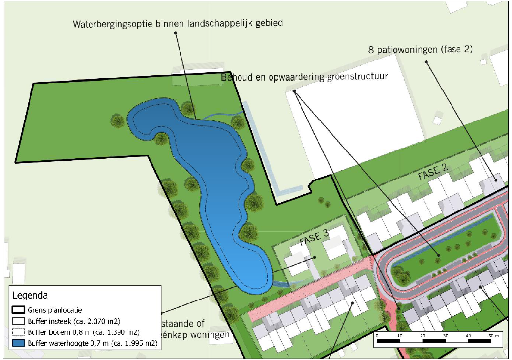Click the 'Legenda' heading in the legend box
click(30, 296)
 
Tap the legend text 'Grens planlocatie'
click(55, 310)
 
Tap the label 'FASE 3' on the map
click(313, 236)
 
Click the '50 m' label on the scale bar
click(492, 335)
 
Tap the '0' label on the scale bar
click(377, 335)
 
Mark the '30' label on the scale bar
click(446, 335)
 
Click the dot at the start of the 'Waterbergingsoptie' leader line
click(176, 33)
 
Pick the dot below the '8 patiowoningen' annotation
click(426, 62)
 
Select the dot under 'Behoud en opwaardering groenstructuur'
click(294, 91)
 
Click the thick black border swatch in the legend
click(19, 310)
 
